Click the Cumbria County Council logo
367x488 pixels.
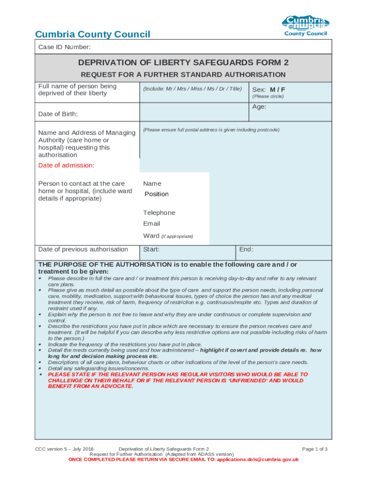click(x=306, y=26)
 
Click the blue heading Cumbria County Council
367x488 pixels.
click(x=93, y=34)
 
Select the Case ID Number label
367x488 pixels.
click(x=64, y=47)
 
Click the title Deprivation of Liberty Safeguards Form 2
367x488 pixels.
click(x=183, y=62)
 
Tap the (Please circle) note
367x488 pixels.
click(x=268, y=96)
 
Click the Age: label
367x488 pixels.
click(x=259, y=107)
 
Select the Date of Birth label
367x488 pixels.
click(x=58, y=114)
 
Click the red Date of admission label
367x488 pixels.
click(x=66, y=165)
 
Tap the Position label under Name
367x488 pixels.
click(x=156, y=194)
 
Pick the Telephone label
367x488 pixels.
click(x=159, y=213)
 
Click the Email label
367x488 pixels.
click(x=152, y=224)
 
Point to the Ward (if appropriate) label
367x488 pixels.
click(x=168, y=236)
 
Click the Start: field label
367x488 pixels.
click(x=152, y=249)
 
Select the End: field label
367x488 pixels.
click(x=246, y=249)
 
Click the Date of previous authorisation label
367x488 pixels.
click(x=83, y=249)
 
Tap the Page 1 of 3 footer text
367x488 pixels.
click(x=315, y=449)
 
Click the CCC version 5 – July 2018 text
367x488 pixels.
click(x=64, y=449)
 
